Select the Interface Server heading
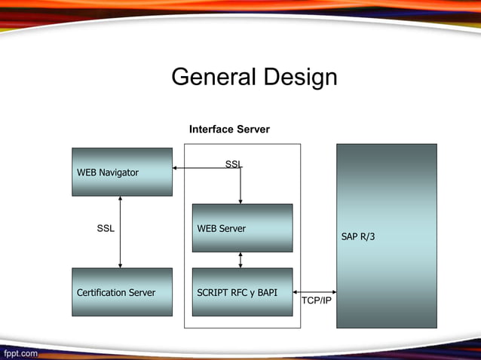coord(229,130)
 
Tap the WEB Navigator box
coord(122,172)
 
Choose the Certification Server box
coord(122,292)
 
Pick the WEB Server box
coord(242,228)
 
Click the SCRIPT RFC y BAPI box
coord(242,292)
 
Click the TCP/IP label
coord(316,301)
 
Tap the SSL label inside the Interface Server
coord(234,164)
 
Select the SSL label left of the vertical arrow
coord(106,228)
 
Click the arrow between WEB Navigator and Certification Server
coord(120,232)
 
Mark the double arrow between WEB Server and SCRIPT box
coord(240,260)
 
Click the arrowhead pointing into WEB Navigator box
coord(176,168)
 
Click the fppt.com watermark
coord(20,352)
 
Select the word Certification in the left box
coord(101,292)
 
